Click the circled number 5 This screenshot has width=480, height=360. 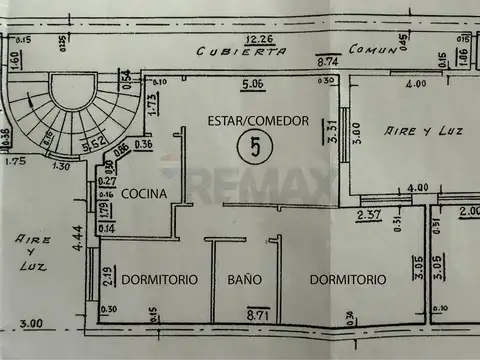point(257,148)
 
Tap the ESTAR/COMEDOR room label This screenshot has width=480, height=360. point(257,120)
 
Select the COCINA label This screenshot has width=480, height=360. point(145,194)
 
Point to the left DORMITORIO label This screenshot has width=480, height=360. point(160,280)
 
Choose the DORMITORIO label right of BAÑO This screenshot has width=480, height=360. point(347,280)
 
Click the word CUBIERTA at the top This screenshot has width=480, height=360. point(231,51)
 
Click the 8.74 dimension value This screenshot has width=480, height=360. point(328,62)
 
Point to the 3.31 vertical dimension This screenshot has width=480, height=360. point(334,131)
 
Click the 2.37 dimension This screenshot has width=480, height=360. point(369,213)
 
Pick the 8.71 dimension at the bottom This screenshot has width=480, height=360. point(258,315)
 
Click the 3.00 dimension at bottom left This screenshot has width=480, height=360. point(31,323)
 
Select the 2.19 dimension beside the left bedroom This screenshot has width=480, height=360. point(107,277)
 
